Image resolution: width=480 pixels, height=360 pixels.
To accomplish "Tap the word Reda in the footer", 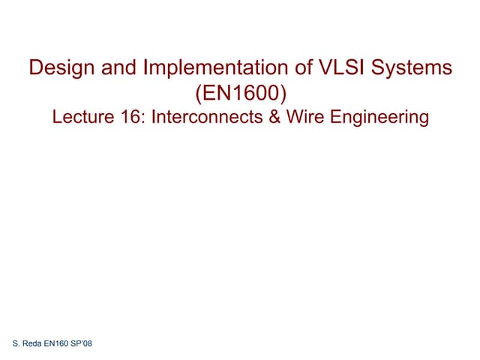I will click(x=32, y=343).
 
